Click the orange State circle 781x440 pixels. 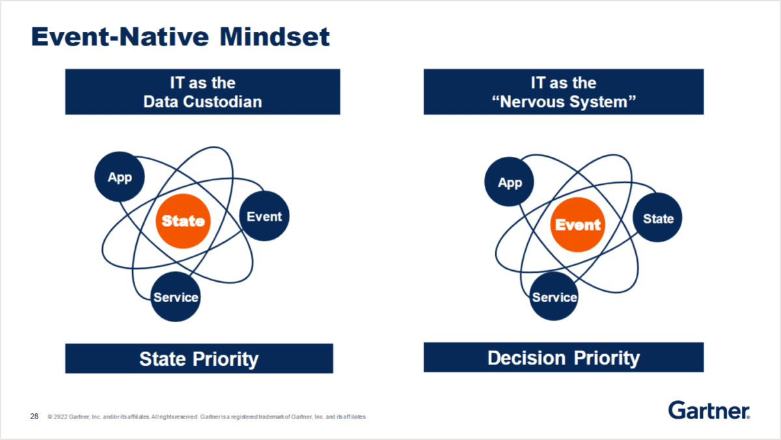point(183,221)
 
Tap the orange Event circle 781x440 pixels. point(577,225)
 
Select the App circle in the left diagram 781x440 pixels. point(120,177)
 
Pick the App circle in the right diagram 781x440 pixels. point(510,183)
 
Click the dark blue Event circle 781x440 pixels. point(264,217)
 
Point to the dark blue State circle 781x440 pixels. point(658,219)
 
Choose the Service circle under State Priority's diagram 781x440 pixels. point(176,297)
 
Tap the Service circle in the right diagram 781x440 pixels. point(555,297)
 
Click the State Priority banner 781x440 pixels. point(199,359)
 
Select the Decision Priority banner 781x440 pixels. point(564,357)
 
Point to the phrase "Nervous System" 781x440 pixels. point(564,102)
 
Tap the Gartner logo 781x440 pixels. point(709,410)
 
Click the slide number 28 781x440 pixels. point(34,416)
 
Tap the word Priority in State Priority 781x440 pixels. point(225,359)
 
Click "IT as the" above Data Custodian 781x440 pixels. point(202,83)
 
